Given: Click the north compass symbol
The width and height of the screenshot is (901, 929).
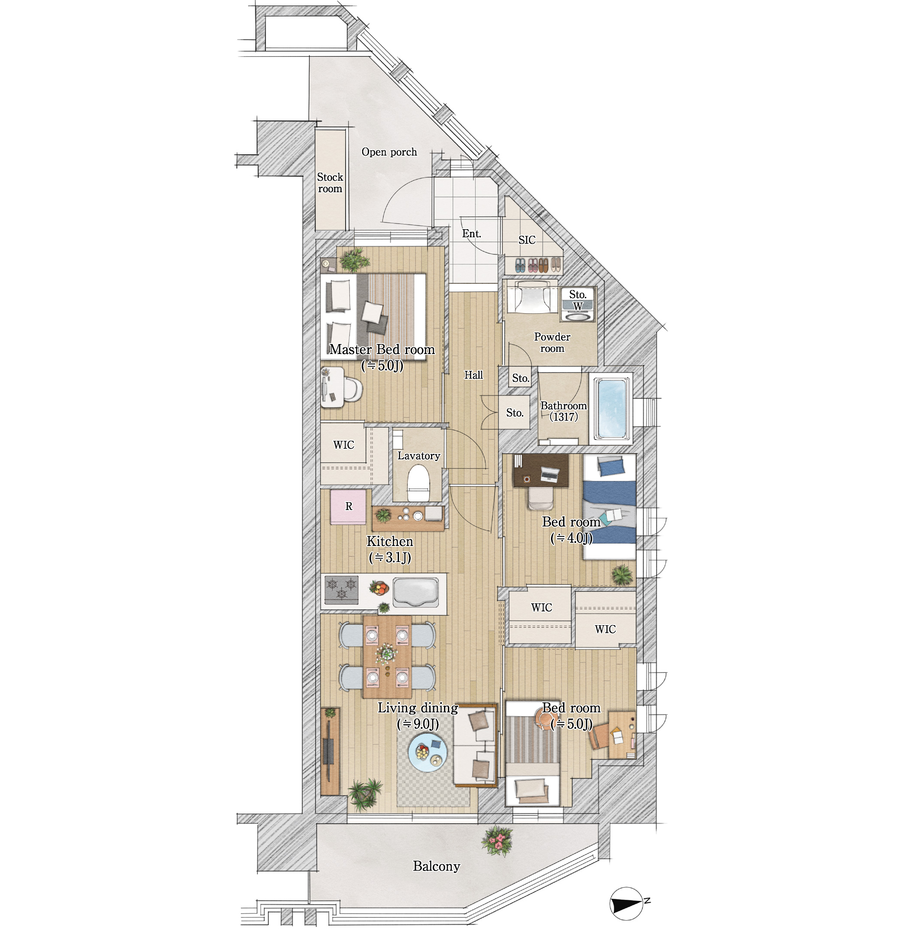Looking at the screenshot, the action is coord(626,904).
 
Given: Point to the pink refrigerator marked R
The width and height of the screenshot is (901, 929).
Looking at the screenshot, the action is coord(348,507).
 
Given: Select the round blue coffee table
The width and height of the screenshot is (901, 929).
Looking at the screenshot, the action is coord(428,753).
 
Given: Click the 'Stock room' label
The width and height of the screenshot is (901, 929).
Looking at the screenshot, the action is coord(330,183).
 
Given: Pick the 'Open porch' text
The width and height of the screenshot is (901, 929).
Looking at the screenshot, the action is coord(389,152).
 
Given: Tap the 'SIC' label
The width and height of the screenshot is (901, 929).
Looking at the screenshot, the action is coord(527,240).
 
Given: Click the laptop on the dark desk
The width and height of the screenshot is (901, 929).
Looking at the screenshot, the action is coord(550,474).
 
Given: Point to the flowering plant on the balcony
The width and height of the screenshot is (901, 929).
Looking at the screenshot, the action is coord(497,840).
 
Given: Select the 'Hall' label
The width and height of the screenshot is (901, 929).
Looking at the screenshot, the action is coord(473,375).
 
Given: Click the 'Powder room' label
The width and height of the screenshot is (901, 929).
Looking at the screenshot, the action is coord(552,343).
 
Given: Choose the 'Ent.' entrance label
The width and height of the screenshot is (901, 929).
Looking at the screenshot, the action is coord(471,234).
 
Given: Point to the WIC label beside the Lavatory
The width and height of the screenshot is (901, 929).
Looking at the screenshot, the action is coord(344,445).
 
